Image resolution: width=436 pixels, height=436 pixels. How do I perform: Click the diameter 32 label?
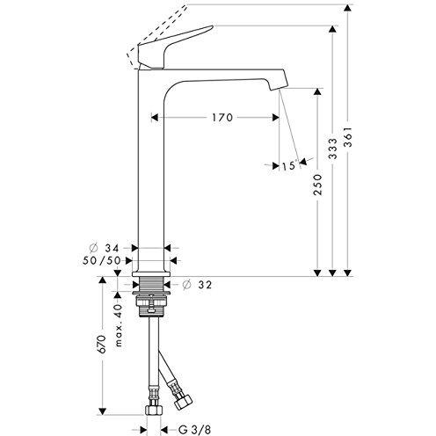(200, 284)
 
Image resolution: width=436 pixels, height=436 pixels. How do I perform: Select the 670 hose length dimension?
(102, 345)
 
